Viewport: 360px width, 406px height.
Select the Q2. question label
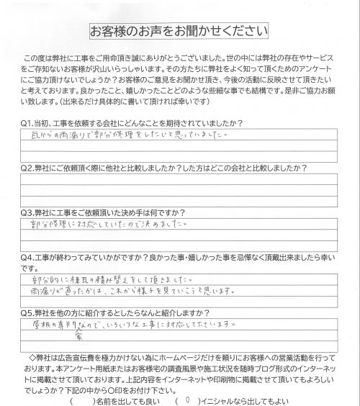(30, 166)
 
